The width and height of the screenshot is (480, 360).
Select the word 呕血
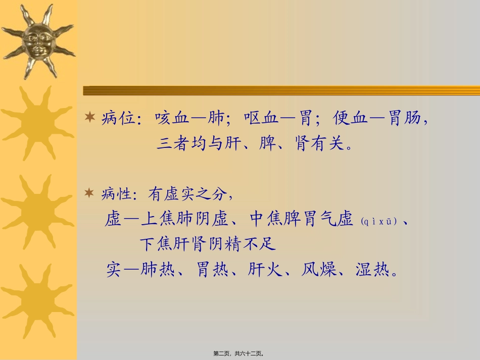pos(260,119)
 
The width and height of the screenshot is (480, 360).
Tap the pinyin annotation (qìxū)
pos(379,221)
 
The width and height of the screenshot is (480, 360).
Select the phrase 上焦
pos(157,220)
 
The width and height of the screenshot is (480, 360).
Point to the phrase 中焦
pos(266,220)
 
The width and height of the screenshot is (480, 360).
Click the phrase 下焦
pos(155,245)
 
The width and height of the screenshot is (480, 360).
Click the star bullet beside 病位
pos(90,119)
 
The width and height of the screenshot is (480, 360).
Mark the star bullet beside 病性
pos(90,193)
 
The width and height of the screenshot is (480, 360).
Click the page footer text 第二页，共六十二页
pos(239,354)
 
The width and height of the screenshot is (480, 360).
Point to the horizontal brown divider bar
pos(281,90)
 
